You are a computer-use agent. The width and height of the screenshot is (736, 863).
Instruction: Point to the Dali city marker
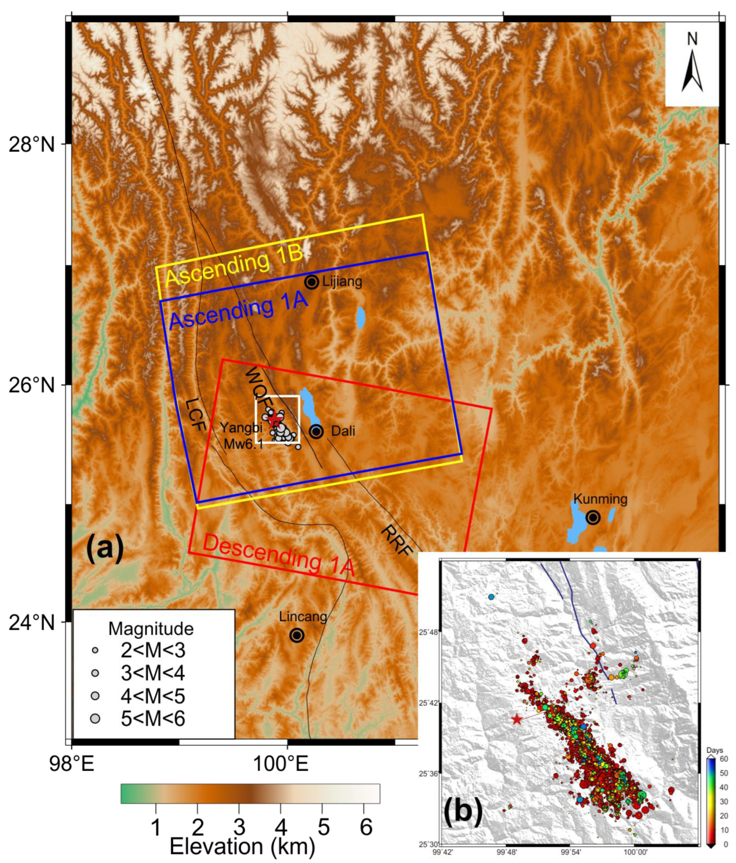316,432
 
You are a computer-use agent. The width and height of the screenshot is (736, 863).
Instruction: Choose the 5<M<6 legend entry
152,719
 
